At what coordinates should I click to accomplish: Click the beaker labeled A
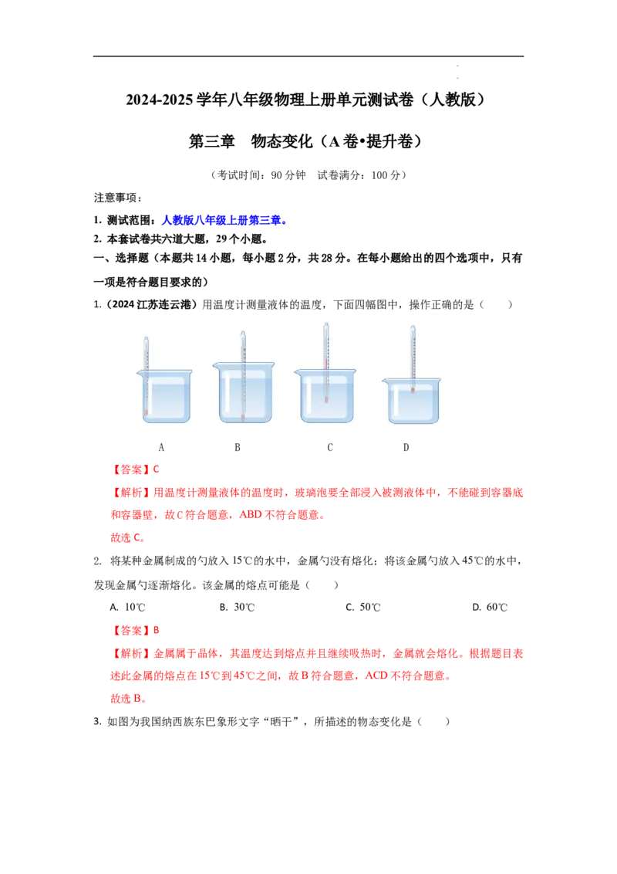click(164, 396)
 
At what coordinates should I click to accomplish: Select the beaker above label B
click(244, 392)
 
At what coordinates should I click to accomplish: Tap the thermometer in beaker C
click(326, 362)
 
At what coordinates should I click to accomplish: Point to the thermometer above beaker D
click(413, 359)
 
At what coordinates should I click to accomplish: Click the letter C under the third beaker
click(330, 448)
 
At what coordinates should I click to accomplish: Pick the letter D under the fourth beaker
click(406, 448)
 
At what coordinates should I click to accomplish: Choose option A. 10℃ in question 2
click(127, 607)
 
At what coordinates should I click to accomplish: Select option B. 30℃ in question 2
click(237, 607)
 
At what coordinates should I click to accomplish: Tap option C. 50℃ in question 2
click(363, 607)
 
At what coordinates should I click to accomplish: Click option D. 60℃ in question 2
click(490, 607)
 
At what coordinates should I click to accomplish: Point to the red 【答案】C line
click(135, 469)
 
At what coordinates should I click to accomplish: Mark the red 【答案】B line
click(135, 631)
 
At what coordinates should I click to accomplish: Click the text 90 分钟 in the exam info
click(288, 175)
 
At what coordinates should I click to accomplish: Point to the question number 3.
click(97, 722)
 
